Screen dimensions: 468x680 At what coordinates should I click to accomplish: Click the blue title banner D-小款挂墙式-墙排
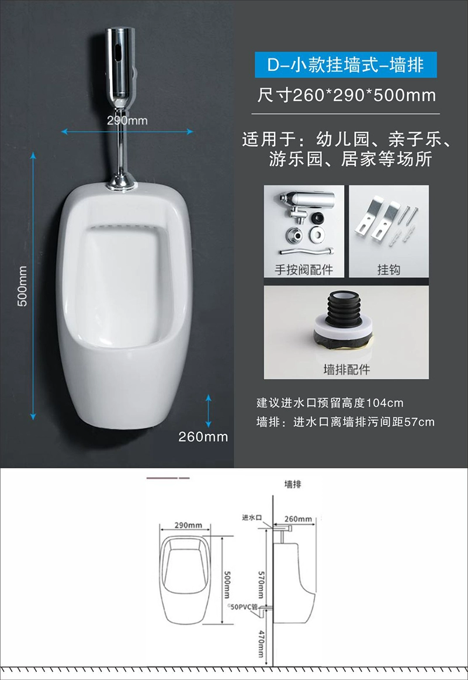[x=345, y=65]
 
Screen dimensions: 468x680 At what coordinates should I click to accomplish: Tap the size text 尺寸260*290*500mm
[x=346, y=95]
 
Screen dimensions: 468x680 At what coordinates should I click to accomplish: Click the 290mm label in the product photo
[x=127, y=120]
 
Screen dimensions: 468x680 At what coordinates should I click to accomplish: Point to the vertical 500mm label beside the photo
[x=22, y=286]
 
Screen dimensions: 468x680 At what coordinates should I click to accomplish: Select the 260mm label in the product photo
[x=203, y=437]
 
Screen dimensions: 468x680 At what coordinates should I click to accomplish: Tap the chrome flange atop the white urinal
[x=121, y=182]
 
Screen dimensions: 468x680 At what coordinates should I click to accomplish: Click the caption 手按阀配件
[x=304, y=270]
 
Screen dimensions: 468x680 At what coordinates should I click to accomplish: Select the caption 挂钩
[x=389, y=270]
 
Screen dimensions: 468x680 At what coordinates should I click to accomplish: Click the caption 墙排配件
[x=346, y=370]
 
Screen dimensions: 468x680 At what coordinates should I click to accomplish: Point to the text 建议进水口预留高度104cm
[x=330, y=403]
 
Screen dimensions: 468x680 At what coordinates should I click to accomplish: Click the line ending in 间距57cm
[x=345, y=422]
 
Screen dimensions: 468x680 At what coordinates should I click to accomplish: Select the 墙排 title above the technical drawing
[x=293, y=484]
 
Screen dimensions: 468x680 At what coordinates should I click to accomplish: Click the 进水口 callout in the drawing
[x=252, y=517]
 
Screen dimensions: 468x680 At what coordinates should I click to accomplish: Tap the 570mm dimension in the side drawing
[x=261, y=584]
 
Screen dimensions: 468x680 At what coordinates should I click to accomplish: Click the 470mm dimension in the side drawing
[x=261, y=644]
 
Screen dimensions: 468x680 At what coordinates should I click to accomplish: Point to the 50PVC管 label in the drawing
[x=243, y=607]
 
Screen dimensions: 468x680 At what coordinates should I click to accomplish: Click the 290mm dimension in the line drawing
[x=188, y=525]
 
